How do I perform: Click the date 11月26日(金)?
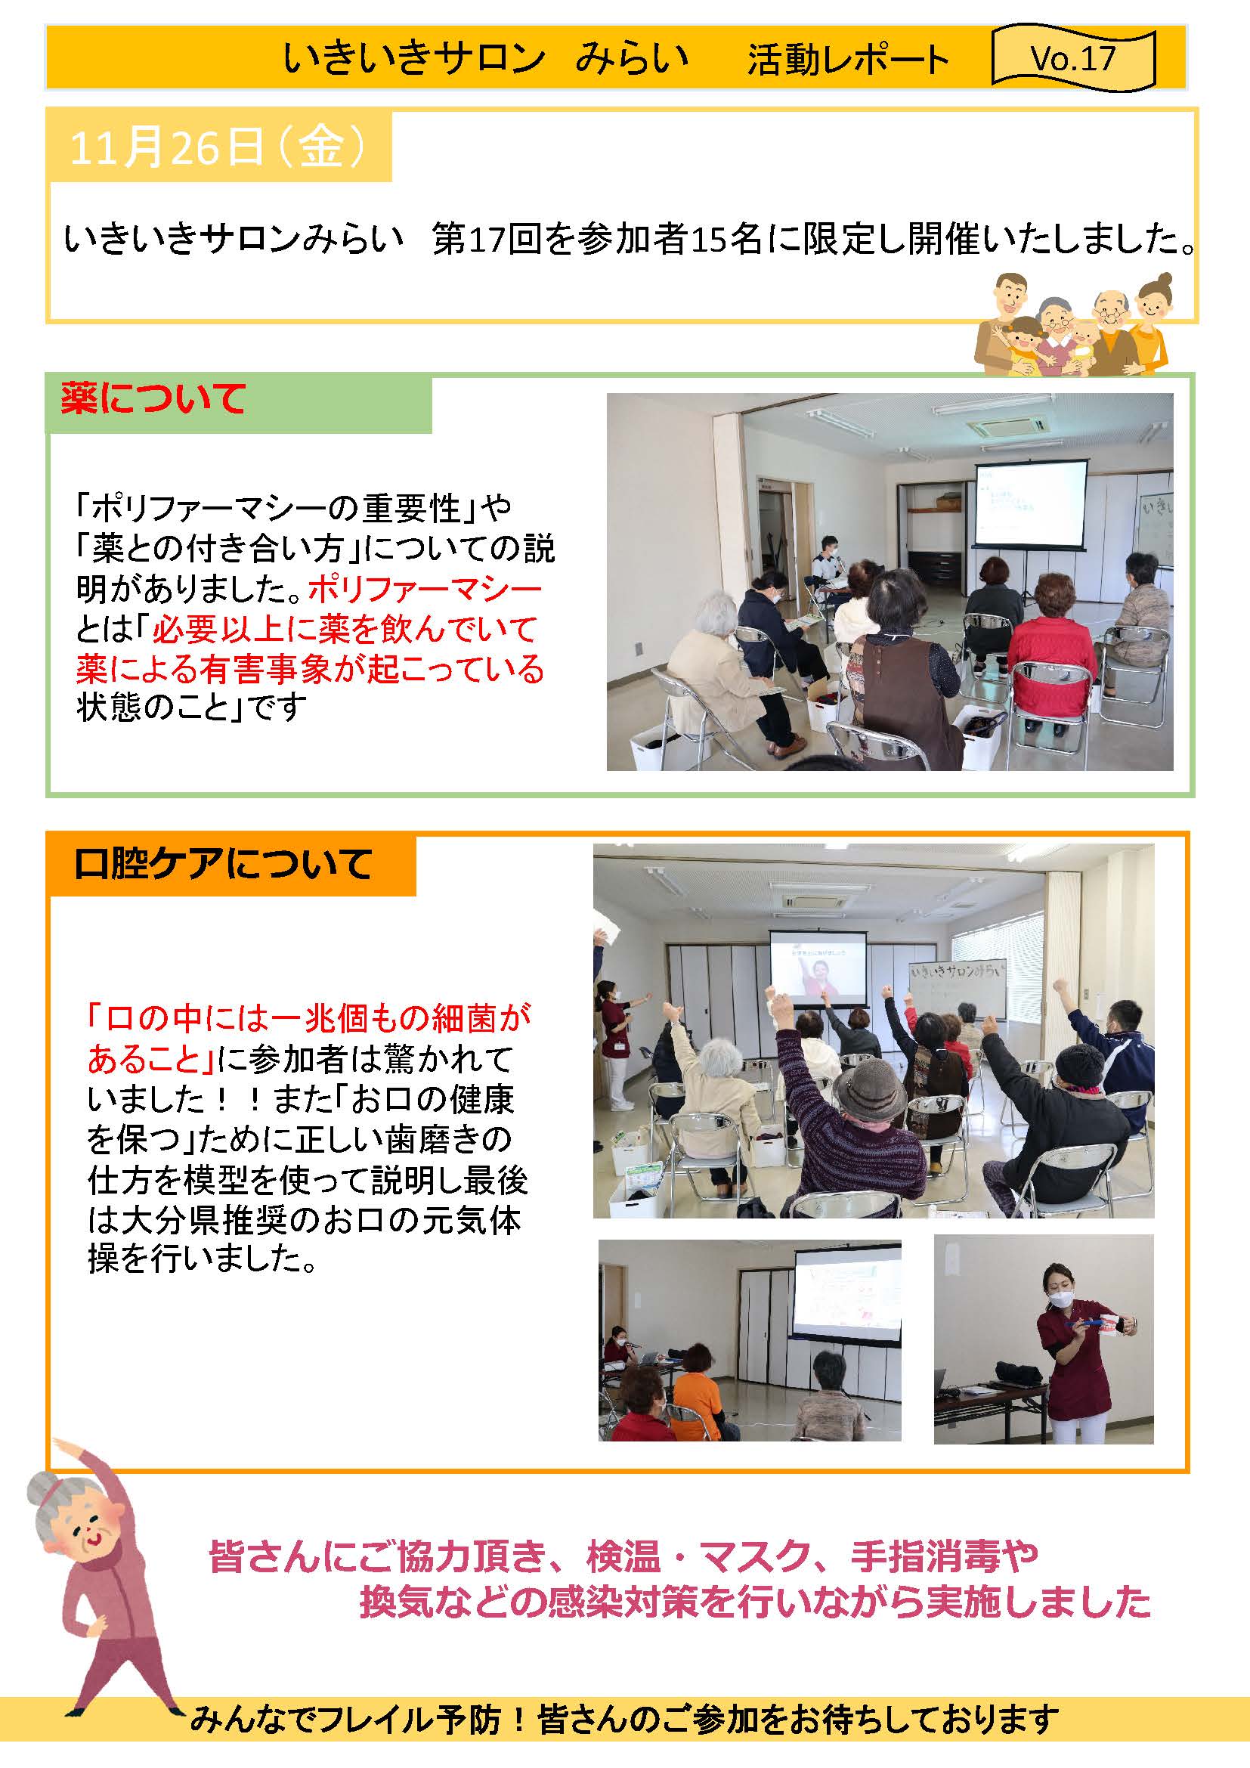[216, 147]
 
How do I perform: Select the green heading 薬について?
[153, 400]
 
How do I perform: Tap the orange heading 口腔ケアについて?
[223, 864]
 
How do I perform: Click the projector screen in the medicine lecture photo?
[1031, 503]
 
